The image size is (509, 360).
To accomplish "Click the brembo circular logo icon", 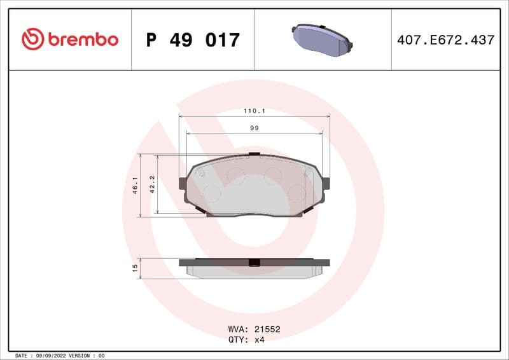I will [32, 39].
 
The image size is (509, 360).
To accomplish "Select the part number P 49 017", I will [193, 40].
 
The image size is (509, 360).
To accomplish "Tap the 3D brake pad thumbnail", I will [322, 39].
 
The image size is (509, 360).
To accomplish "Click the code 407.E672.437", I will [445, 40].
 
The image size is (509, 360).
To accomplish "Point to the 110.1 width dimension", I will [254, 111].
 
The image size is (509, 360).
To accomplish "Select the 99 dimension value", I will [254, 128].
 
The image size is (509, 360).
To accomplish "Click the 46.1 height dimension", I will [136, 186].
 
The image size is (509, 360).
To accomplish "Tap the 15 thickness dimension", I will [135, 268].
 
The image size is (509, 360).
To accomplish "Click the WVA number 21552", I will [267, 329].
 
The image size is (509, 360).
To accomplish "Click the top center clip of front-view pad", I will [254, 154].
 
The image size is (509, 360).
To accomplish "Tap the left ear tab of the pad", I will [183, 183].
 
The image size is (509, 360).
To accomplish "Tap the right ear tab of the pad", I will [326, 183].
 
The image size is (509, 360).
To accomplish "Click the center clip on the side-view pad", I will [254, 263].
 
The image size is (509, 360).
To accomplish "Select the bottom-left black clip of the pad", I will [199, 209].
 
